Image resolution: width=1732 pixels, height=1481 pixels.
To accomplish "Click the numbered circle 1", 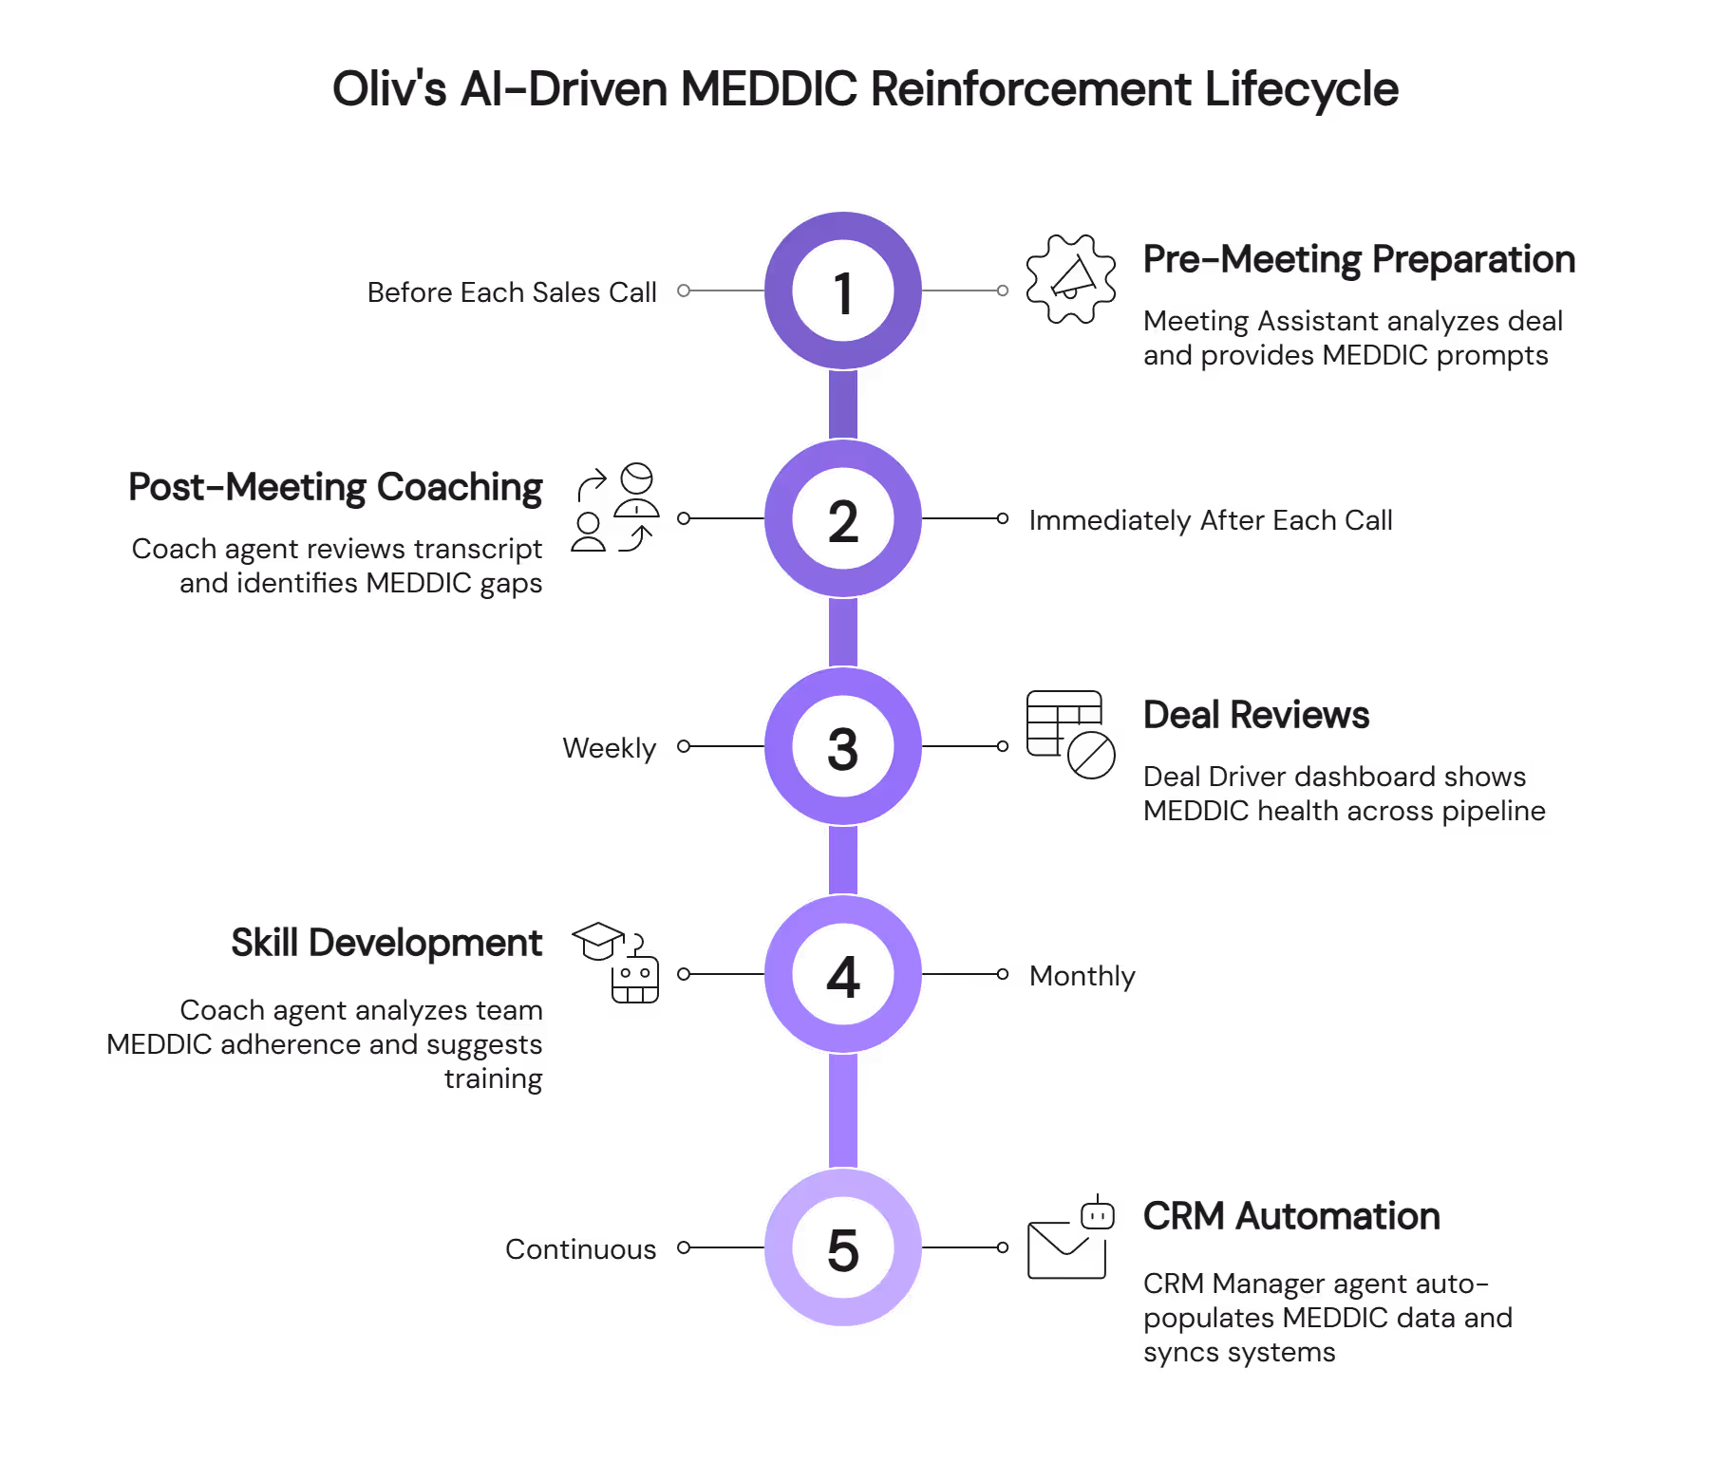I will pos(843,291).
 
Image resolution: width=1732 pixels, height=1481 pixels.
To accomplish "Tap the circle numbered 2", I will pos(843,519).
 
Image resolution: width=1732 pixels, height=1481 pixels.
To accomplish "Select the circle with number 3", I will pos(843,747).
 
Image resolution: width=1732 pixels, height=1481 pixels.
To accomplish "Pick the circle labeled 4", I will pos(843,975).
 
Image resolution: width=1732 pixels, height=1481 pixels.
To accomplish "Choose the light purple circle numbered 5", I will pos(843,1247).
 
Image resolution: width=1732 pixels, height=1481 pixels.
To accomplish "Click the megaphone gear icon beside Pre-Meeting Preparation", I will pos(1071,280).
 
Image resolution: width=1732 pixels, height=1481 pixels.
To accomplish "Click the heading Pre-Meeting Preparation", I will pos(1358,259).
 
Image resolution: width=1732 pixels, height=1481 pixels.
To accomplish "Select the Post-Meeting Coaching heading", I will pos(335,487).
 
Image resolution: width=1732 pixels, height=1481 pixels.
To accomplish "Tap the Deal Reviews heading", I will pos(1255,715).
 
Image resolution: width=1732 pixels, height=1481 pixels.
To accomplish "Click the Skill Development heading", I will pos(386,943).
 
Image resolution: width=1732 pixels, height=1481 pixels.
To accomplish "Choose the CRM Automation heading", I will pos(1291,1216).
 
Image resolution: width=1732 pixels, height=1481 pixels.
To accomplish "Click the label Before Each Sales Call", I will pos(512,292).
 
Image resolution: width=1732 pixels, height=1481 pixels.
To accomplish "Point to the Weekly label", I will pos(609,748).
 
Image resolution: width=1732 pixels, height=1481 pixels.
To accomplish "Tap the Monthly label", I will pos(1082,976).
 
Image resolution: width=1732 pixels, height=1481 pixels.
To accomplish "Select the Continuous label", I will pos(580,1249).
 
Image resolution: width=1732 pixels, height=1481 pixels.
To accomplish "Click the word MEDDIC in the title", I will pos(768,90).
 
